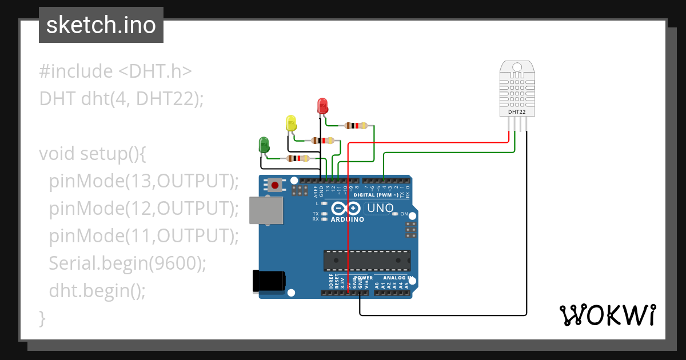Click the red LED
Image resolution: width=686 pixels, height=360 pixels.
coord(322,106)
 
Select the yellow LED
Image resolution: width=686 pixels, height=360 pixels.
coord(291,123)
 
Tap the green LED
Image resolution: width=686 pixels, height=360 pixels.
coord(264,144)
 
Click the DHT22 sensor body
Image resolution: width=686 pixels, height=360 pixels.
coord(517,89)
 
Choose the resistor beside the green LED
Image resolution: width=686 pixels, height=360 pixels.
coord(298,158)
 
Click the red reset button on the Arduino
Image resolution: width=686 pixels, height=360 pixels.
coord(276,185)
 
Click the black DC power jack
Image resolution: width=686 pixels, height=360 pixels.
coord(269,281)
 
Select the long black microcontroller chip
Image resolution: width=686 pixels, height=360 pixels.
coord(366,260)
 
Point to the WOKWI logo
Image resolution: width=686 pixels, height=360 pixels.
coord(607,315)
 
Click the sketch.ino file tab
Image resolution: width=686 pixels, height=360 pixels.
coord(101,25)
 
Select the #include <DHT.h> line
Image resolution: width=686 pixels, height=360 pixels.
coord(115,71)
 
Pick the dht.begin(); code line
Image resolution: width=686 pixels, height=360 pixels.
coord(97,290)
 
